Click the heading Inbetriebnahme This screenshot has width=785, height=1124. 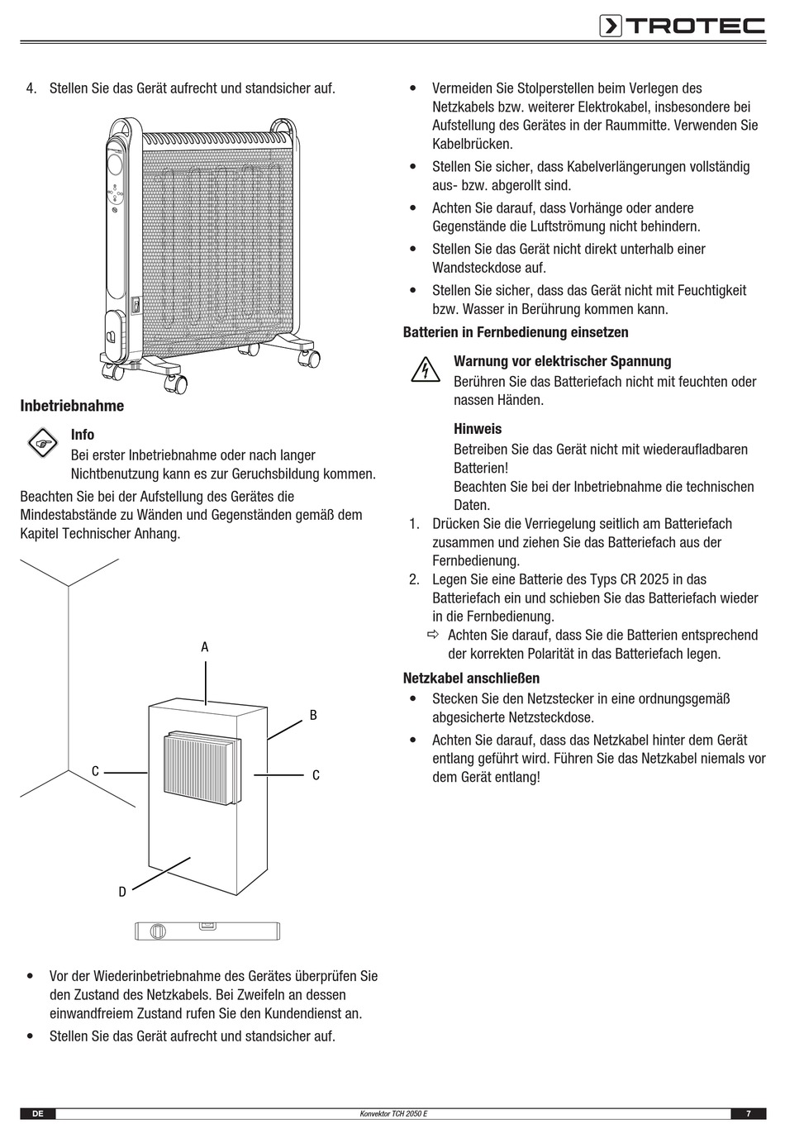72,406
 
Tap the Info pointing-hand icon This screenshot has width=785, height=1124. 42,444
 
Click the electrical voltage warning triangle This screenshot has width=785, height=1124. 425,369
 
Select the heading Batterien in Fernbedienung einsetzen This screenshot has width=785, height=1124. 516,332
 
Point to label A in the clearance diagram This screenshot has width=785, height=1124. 205,647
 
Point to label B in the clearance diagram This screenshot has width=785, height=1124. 313,716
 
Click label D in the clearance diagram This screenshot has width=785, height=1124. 122,892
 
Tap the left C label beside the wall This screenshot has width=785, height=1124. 96,771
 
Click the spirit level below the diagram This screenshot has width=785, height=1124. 207,931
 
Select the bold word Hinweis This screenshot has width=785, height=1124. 478,429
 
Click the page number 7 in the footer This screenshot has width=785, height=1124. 748,1114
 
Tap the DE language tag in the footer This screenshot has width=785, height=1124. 37,1114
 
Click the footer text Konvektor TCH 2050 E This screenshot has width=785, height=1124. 393,1114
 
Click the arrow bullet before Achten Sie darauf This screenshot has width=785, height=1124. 433,635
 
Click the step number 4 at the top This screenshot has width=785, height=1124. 31,88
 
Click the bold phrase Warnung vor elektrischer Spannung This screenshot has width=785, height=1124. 562,361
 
